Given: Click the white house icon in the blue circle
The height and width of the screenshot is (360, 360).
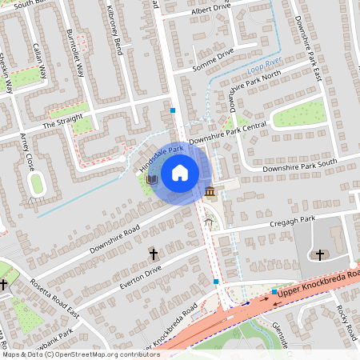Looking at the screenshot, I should coord(180,172).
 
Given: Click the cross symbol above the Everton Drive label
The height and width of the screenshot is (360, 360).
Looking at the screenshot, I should coord(154,254).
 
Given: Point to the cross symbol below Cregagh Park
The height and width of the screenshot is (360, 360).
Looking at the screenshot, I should coord(320,255).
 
